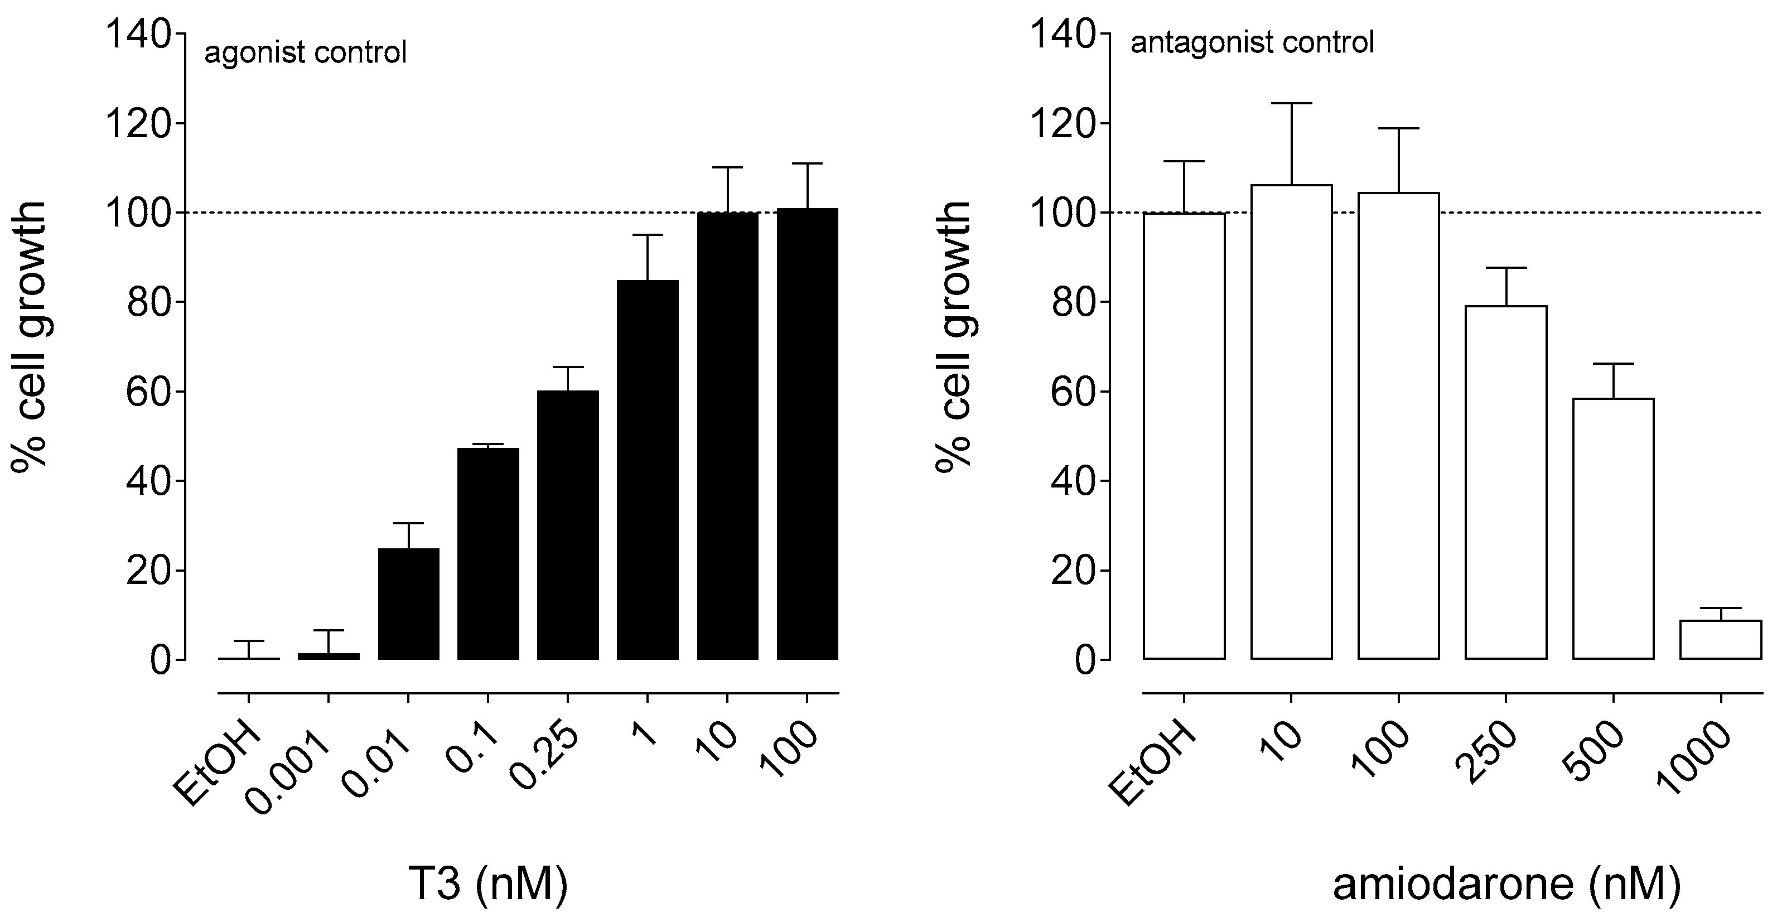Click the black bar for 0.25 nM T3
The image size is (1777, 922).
(568, 524)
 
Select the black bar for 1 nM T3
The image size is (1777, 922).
(647, 469)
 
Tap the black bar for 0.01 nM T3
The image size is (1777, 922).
(408, 604)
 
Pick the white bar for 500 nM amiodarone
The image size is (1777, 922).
(1613, 528)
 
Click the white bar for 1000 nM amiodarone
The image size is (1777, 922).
(1721, 640)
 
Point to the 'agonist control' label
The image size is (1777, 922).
(306, 52)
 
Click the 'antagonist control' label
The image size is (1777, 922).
(1252, 43)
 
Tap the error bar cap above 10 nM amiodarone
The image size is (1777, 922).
(1291, 103)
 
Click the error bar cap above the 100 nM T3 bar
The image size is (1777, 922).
(807, 163)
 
